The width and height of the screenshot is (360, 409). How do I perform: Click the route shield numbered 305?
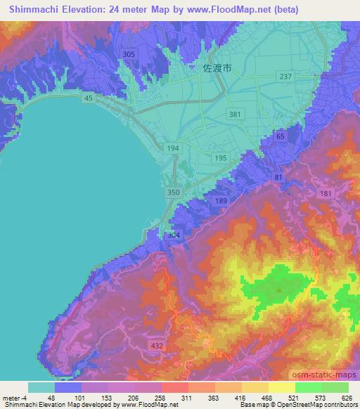[129, 54]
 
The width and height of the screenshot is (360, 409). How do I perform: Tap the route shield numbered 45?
[88, 98]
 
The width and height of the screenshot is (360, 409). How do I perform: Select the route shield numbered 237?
[285, 76]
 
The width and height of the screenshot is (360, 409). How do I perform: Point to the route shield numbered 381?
[236, 114]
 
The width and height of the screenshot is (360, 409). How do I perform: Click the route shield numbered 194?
[172, 148]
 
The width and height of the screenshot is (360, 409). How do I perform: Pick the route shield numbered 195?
[221, 158]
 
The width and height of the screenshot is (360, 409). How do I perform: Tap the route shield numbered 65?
[281, 136]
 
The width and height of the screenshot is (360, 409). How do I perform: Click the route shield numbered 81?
[279, 177]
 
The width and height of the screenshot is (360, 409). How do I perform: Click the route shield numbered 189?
[221, 201]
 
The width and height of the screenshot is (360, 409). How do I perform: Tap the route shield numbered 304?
[173, 235]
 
